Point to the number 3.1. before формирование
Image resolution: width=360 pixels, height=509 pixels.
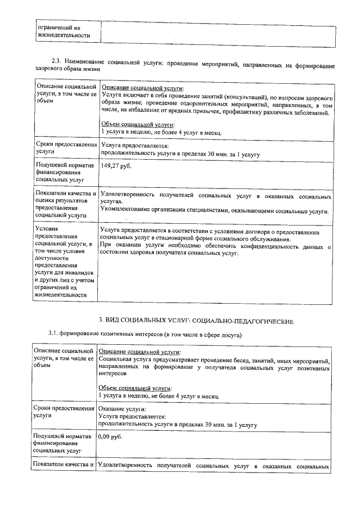tap(55, 335)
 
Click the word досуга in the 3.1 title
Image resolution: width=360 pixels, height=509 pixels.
tap(229, 335)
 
